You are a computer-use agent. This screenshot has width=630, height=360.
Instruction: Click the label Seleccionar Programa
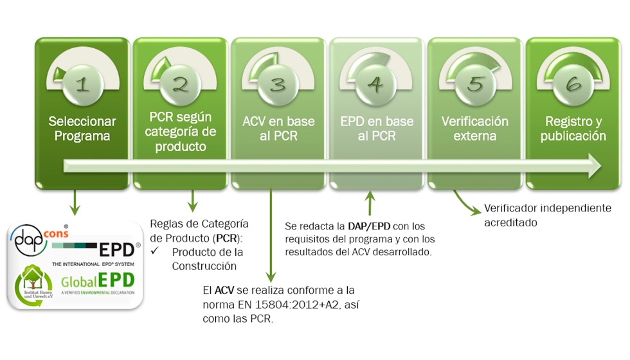(82, 129)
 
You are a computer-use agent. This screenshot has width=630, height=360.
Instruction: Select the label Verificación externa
(475, 129)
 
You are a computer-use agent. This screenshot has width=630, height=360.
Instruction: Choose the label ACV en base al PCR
(278, 129)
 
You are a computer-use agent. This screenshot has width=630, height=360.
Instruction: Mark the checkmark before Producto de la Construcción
(154, 251)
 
